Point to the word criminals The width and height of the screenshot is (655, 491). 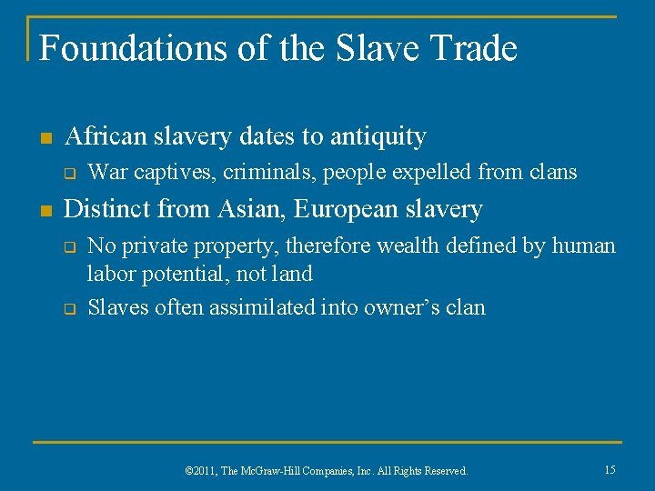272,171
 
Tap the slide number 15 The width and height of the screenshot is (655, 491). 610,469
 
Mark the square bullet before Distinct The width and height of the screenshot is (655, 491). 46,211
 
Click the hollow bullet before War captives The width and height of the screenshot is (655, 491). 69,173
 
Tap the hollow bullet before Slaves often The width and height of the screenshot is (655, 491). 69,309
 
